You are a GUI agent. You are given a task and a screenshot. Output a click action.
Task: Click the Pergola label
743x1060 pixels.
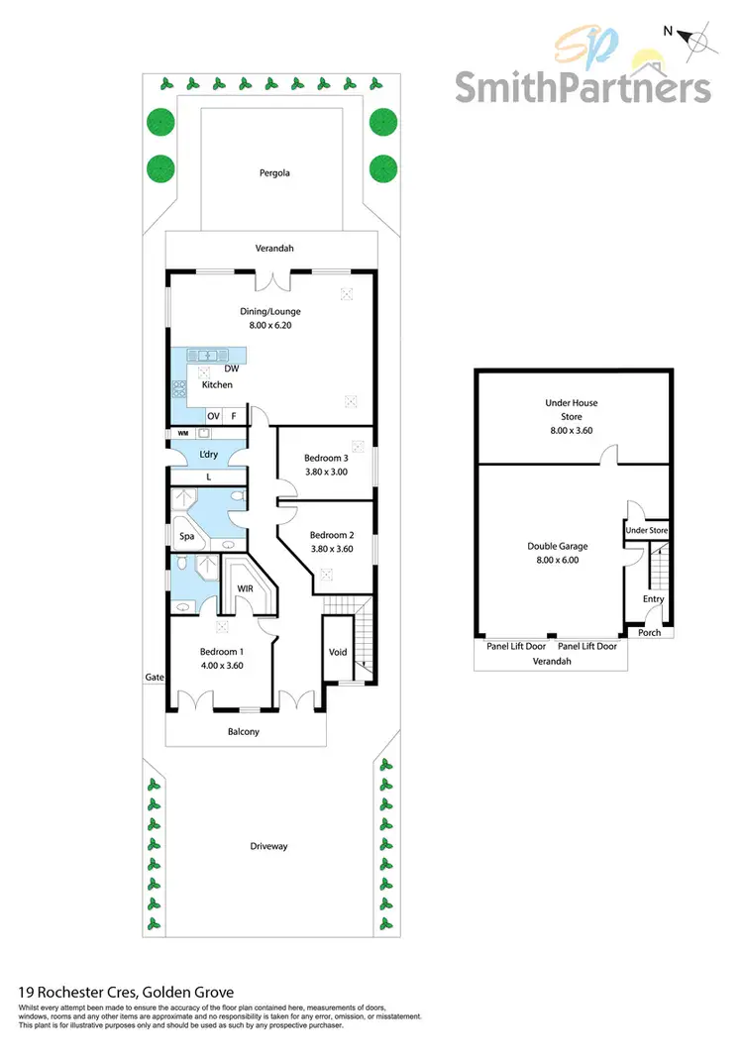(269, 172)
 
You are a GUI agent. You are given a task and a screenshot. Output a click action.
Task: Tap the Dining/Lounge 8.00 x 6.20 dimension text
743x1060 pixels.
(269, 325)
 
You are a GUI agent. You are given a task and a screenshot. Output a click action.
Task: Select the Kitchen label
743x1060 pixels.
(218, 384)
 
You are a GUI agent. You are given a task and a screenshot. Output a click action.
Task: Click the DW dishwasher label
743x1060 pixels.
(231, 369)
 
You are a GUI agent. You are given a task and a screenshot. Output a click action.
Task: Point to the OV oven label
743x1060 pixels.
(213, 416)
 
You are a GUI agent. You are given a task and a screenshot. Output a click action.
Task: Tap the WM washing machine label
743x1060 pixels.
(182, 433)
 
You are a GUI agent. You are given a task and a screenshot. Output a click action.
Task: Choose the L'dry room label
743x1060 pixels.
(208, 454)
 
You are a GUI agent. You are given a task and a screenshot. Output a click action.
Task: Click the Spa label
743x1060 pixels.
(186, 537)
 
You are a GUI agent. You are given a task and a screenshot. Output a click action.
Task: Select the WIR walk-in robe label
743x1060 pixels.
(246, 588)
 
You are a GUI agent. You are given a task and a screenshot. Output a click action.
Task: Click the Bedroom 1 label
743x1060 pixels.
(221, 651)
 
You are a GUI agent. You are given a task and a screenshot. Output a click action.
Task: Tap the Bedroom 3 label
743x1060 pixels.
(324, 458)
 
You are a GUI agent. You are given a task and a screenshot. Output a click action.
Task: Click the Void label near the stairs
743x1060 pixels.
(337, 652)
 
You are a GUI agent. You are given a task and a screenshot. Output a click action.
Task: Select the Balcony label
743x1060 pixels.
(244, 731)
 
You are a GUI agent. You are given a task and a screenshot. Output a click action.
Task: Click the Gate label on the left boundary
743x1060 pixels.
(154, 678)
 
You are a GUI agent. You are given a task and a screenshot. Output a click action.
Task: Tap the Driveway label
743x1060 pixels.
(268, 846)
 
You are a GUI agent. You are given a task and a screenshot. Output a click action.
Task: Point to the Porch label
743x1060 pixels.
(649, 633)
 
